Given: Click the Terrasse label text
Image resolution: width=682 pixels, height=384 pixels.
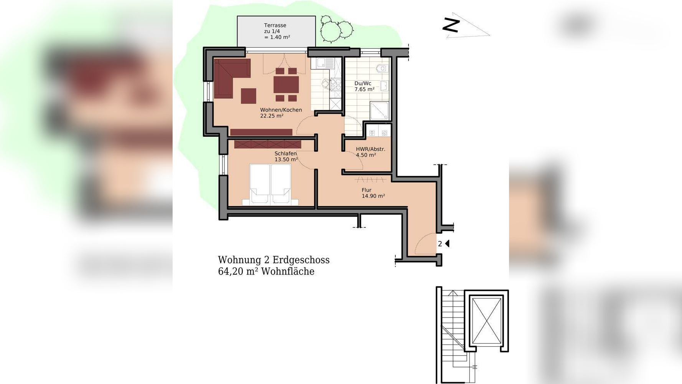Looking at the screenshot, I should pos(275,25).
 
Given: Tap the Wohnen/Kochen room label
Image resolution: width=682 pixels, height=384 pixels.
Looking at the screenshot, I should pos(281,110).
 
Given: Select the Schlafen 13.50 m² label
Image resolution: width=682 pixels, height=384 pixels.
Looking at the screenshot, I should pos(286,157).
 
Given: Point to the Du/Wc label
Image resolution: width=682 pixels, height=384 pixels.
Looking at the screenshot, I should pos(363,83).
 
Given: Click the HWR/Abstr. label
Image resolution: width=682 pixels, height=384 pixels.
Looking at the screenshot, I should pos(371,149).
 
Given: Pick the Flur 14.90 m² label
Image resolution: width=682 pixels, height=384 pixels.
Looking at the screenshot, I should pos(373,193).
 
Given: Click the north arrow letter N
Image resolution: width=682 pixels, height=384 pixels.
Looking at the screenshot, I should pos(451,25).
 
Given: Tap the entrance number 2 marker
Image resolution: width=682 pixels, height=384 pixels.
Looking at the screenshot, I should pos(440,243).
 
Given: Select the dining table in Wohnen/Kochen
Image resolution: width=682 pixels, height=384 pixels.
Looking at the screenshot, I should pos(286,84).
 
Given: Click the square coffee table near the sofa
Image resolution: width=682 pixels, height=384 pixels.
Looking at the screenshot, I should pos(249,96).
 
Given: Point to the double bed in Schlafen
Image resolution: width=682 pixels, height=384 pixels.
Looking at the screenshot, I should pos(270,184).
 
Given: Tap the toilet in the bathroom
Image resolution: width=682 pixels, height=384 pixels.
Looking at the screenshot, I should pos(381,68).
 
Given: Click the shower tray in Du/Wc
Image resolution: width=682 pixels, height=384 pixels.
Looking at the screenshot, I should pos(379,110).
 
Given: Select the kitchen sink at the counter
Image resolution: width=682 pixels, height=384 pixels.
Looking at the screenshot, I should pos(321,62).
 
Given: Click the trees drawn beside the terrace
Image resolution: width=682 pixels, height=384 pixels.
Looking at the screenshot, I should pos(336,28).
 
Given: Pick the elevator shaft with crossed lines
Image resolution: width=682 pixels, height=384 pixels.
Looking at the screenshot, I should pos(486,321).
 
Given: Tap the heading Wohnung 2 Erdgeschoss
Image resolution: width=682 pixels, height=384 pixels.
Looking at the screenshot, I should pos(274,260).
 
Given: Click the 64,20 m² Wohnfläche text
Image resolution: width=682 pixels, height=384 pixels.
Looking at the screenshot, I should pos(266,271).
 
